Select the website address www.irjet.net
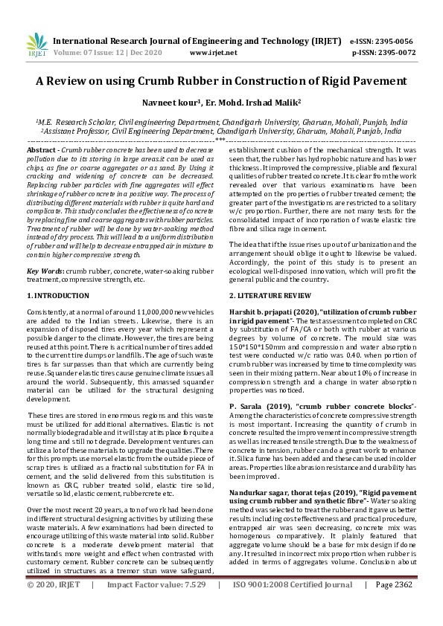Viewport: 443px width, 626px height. tap(214, 53)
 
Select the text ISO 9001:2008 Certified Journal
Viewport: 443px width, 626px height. tap(291, 606)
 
